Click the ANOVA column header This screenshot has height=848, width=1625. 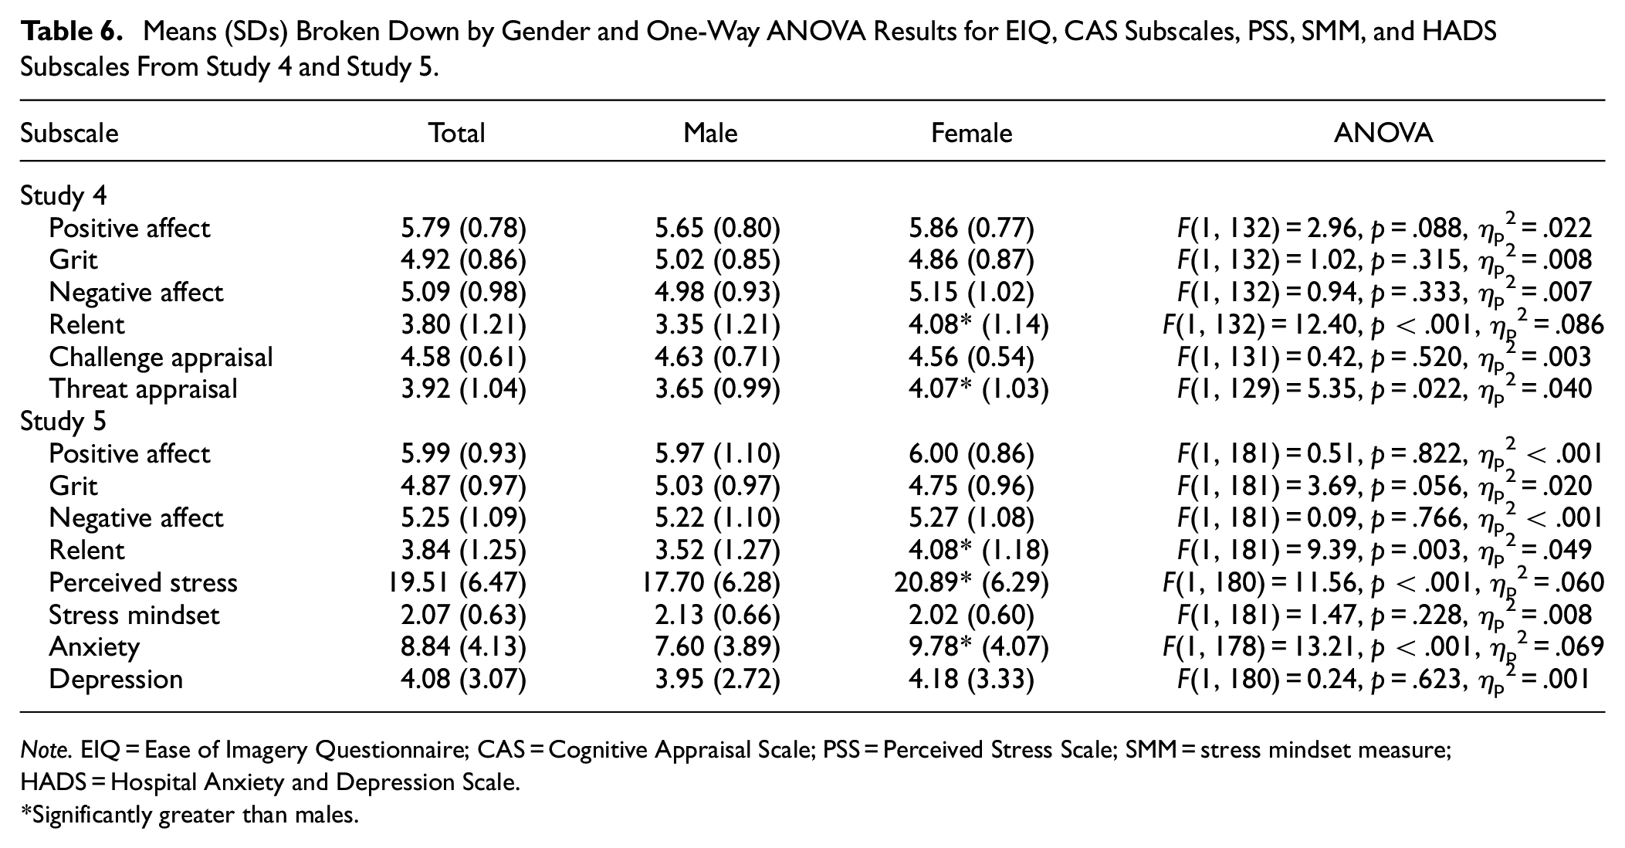1383,134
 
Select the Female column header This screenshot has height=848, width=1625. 971,134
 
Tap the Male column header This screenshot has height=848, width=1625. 710,134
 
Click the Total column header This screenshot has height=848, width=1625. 457,134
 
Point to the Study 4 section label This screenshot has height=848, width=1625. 63,195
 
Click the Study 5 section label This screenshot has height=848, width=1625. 63,421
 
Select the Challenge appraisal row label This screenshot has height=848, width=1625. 161,358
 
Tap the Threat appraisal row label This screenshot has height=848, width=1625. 143,389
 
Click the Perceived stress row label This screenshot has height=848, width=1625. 143,582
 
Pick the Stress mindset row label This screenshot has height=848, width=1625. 134,616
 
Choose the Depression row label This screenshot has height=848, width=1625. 116,680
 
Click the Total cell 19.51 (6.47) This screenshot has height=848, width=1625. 456,583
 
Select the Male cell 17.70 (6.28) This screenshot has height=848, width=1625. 710,583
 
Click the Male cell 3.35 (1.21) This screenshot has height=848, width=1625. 717,325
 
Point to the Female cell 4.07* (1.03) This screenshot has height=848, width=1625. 978,389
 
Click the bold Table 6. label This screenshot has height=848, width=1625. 73,32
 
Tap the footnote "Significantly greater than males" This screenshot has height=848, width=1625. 190,815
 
